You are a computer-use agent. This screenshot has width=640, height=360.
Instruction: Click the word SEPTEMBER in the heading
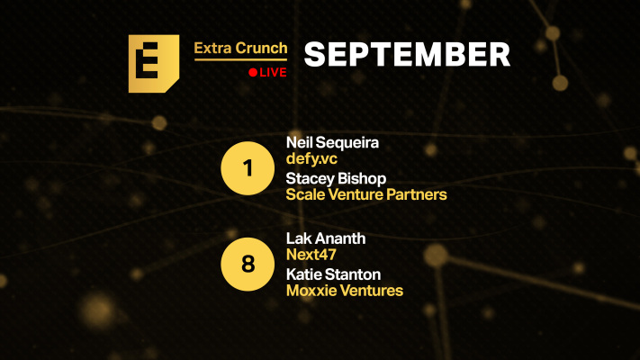(x=407, y=55)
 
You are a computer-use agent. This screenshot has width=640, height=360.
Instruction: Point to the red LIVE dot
(x=253, y=72)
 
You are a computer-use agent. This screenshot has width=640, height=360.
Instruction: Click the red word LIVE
(x=273, y=72)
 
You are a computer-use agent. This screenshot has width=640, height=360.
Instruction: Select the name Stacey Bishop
(x=336, y=178)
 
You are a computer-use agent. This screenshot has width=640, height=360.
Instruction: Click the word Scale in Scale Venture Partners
(x=304, y=194)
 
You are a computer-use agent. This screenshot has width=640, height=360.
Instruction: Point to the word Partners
(x=416, y=194)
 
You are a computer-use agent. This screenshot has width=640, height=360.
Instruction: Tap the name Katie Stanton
(x=333, y=274)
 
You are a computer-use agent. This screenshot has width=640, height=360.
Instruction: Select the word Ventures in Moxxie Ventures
(x=372, y=291)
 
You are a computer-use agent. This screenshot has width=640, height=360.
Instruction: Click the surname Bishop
(x=361, y=178)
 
